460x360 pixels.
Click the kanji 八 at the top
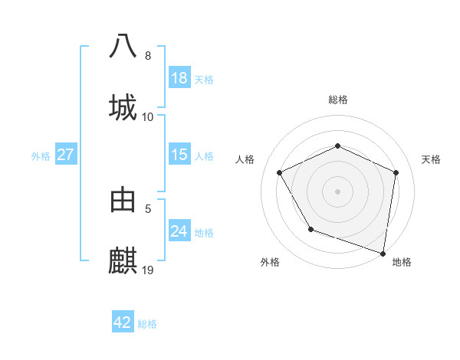pos(123,46)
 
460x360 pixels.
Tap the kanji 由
pos(123,199)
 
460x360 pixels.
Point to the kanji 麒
pos(123,260)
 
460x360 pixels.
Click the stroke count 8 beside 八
pos(148,56)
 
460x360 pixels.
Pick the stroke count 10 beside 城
pos(148,117)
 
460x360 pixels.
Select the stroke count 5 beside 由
pos(148,208)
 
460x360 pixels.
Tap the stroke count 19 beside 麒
pos(148,270)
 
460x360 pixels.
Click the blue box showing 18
pos(179,78)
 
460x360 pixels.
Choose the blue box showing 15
pos(179,155)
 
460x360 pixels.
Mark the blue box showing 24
pos(179,231)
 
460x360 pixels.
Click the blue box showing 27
pos(66,155)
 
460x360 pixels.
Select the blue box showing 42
pos(123,322)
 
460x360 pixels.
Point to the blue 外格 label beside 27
pos(41,156)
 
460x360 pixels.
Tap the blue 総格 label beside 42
pos(147,324)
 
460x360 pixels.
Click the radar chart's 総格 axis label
pos(338,100)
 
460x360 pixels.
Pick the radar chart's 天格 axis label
pos(431,159)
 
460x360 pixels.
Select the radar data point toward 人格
pos(280,172)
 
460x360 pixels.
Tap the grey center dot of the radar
pos(337,191)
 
